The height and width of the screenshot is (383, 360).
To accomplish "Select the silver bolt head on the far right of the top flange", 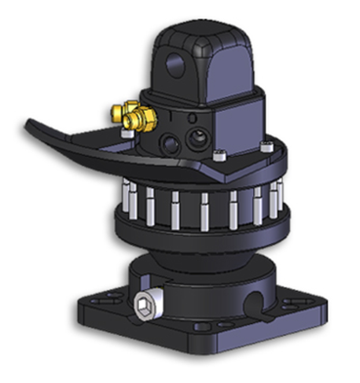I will click(270, 144).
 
